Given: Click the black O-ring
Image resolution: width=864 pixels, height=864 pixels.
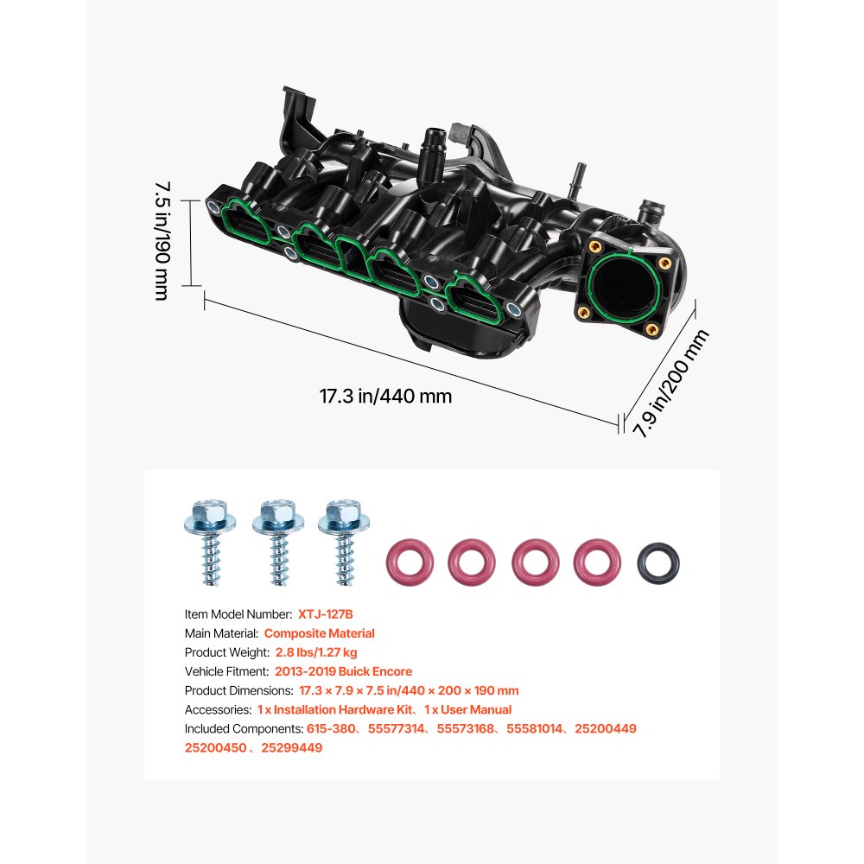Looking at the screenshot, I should coord(658,561).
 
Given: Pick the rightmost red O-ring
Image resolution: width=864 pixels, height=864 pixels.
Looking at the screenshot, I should coord(598,561).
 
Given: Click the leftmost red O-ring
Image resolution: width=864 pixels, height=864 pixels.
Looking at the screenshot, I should coord(409,561).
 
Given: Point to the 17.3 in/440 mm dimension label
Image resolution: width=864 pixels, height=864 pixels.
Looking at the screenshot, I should coord(385,397).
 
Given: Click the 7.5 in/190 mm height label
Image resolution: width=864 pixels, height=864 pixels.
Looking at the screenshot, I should coord(162,240).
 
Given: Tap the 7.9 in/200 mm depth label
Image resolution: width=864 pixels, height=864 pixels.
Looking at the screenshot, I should coord(672,384).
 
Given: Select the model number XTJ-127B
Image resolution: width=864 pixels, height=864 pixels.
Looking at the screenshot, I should coord(327,614).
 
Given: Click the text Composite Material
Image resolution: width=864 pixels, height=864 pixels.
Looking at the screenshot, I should coord(320,633).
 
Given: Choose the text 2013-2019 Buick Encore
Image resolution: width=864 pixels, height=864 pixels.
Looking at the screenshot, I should coord(344,671).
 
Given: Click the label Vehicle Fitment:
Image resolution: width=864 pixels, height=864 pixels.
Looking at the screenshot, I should coord(227,671).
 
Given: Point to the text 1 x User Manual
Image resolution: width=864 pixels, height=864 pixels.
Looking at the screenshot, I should coord(467,709).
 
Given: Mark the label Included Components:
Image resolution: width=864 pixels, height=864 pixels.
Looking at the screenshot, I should coord(244,728).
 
